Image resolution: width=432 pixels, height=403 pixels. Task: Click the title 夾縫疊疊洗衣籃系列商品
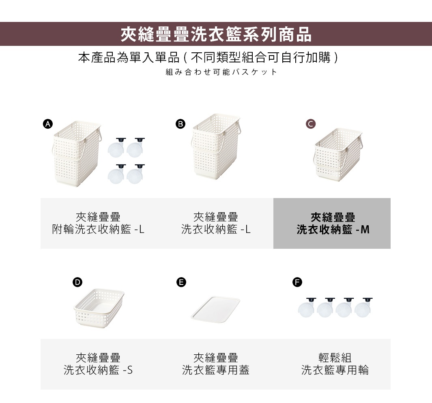tap(216, 34)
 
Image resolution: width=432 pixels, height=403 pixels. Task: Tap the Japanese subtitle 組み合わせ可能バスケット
tap(221, 72)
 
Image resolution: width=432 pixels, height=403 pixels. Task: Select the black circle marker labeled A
tap(48, 124)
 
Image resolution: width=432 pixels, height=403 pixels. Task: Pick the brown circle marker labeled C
tap(310, 124)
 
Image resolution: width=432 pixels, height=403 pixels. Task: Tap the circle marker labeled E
tap(181, 282)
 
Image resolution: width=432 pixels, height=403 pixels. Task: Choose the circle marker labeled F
tap(297, 282)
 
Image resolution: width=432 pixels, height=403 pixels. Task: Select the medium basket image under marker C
tap(337, 155)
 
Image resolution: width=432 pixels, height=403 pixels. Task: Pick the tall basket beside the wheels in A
tap(76, 153)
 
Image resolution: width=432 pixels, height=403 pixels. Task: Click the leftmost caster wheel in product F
tap(307, 307)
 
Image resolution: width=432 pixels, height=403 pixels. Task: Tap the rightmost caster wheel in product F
tap(363, 307)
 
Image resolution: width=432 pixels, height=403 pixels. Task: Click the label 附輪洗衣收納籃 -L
tap(98, 230)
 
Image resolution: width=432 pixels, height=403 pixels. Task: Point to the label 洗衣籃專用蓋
tap(215, 370)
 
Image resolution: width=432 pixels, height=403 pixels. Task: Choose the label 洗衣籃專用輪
tap(335, 370)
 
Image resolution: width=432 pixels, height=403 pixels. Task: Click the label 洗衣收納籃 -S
tap(98, 370)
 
